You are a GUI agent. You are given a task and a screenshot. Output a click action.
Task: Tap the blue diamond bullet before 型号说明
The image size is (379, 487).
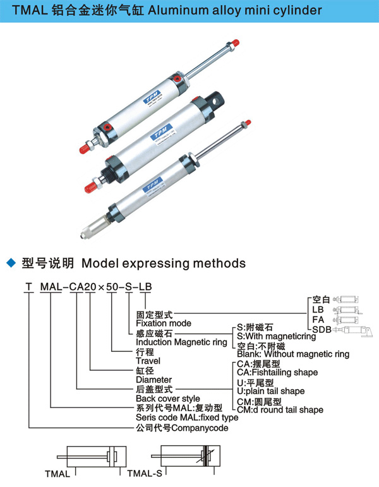9,262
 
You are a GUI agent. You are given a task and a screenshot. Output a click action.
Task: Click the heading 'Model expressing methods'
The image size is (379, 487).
164,262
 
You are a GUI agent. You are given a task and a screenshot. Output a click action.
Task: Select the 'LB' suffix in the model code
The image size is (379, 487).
145,289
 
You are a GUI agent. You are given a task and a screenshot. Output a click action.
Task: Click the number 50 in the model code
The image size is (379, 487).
111,289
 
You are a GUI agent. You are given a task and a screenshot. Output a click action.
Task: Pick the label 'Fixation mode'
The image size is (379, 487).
164,323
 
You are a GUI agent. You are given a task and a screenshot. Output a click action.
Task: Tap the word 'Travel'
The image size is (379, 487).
148,361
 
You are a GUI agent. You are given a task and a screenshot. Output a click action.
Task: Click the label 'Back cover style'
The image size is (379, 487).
168,399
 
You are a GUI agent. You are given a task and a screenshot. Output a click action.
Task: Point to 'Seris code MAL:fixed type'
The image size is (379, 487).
187,418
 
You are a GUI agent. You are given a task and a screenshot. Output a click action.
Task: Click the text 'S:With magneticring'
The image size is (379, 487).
272,336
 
